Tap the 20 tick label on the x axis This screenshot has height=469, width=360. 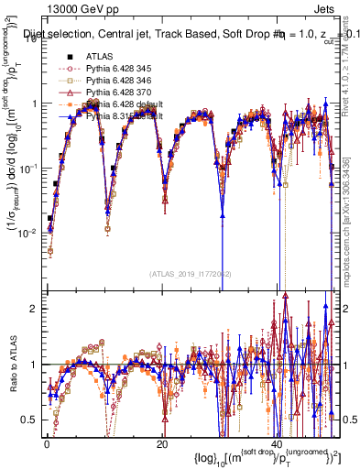click(161, 443)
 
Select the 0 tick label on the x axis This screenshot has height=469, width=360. click(47, 443)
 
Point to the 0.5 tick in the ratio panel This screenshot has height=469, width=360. click(31, 420)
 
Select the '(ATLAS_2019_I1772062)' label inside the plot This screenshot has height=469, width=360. click(189, 274)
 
